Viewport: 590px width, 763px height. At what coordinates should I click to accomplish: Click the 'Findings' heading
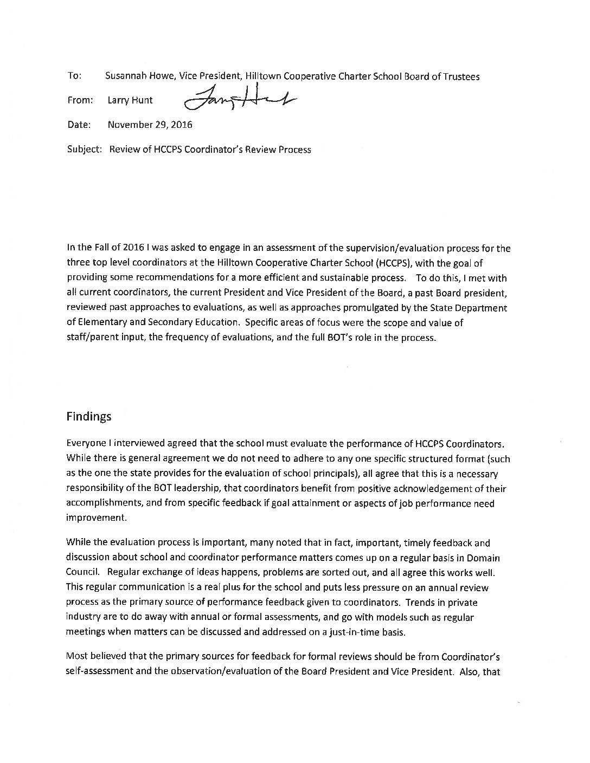(x=89, y=416)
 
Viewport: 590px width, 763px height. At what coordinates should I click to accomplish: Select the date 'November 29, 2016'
(x=150, y=125)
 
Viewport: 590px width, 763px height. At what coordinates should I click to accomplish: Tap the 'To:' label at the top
(x=74, y=76)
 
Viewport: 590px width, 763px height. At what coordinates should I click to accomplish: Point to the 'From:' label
(x=80, y=100)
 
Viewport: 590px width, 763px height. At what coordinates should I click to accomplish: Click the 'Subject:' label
(x=85, y=150)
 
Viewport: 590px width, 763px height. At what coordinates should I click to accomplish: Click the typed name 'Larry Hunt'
(x=130, y=100)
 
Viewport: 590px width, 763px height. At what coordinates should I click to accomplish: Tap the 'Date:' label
(x=79, y=125)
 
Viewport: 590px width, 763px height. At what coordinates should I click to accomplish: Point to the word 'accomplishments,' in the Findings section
(x=104, y=503)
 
